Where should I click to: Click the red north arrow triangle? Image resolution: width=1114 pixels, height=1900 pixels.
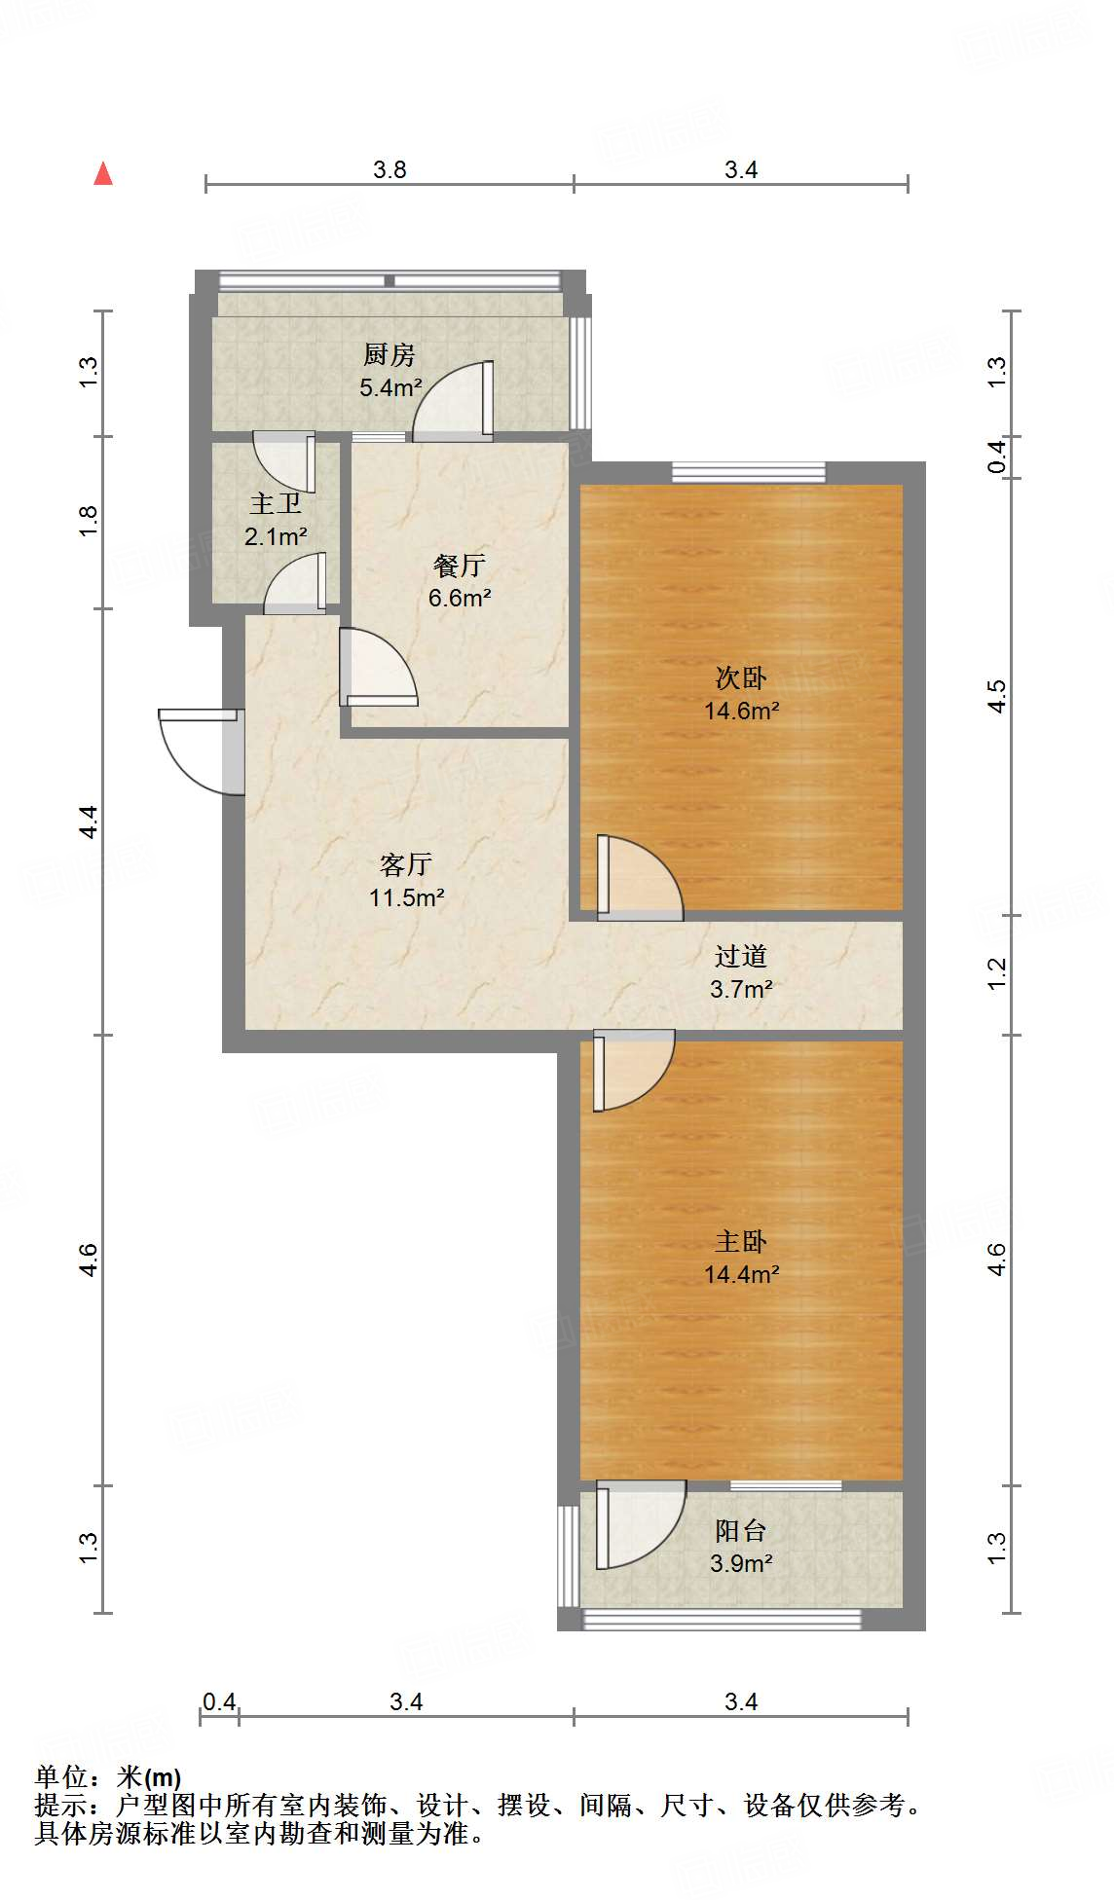pyautogui.click(x=103, y=173)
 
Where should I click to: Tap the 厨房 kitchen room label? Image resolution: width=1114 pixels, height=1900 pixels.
pyautogui.click(x=390, y=354)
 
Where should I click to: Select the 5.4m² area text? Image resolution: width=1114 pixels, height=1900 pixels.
pyautogui.click(x=390, y=387)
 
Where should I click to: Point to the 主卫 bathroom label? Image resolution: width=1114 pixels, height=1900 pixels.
pyautogui.click(x=276, y=503)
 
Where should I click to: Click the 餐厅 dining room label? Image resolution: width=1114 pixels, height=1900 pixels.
pyautogui.click(x=460, y=565)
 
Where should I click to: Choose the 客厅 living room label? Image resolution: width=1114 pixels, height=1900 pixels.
pyautogui.click(x=406, y=864)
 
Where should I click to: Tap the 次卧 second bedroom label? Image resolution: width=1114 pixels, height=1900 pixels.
pyautogui.click(x=741, y=677)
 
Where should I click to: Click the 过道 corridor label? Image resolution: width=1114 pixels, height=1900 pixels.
pyautogui.click(x=741, y=956)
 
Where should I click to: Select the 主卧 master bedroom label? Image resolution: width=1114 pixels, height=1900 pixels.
pyautogui.click(x=741, y=1241)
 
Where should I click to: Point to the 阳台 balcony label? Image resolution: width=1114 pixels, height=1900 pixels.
pyautogui.click(x=741, y=1531)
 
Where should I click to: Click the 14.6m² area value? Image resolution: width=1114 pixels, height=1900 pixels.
pyautogui.click(x=742, y=711)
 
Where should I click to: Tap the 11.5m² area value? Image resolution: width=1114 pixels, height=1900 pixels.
pyautogui.click(x=407, y=897)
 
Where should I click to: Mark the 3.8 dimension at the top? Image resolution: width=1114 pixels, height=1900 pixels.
pyautogui.click(x=390, y=170)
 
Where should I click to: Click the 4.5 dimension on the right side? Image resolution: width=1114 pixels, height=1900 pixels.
pyautogui.click(x=996, y=696)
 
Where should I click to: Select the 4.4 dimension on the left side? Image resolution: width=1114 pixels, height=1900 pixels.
pyautogui.click(x=89, y=822)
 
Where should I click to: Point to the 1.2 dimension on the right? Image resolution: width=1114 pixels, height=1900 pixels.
pyautogui.click(x=996, y=974)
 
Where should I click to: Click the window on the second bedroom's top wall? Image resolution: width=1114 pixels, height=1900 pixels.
pyautogui.click(x=749, y=473)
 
